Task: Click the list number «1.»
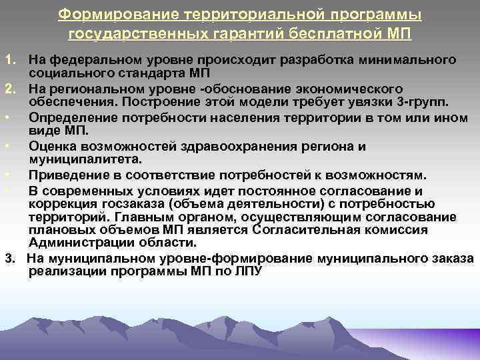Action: tap(10, 61)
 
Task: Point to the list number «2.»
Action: tap(10, 89)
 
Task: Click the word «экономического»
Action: tap(354, 89)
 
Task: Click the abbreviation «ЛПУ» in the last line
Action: tap(248, 271)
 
